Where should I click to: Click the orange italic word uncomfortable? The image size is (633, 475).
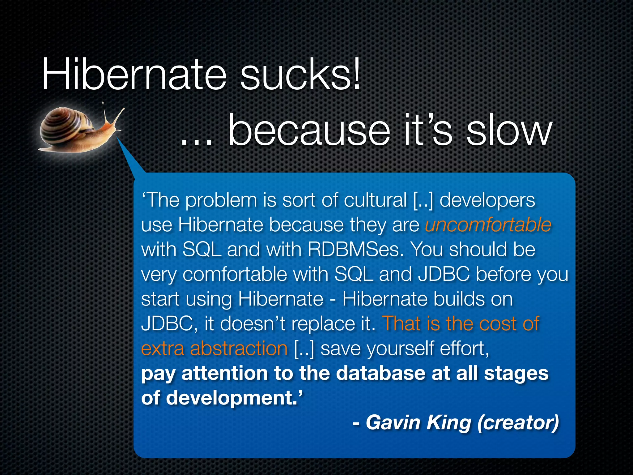pyautogui.click(x=488, y=225)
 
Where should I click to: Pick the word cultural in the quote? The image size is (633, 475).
pyautogui.click(x=375, y=200)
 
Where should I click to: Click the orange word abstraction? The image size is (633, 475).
pyautogui.click(x=239, y=349)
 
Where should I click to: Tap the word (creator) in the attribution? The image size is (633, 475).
pyautogui.click(x=518, y=423)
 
